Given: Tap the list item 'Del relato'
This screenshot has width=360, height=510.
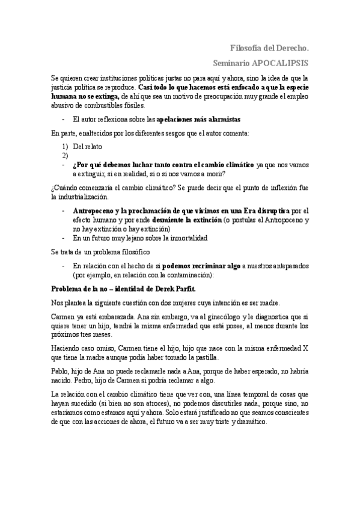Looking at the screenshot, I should tap(88, 146).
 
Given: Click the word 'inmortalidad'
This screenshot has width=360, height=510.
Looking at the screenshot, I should tap(186, 238).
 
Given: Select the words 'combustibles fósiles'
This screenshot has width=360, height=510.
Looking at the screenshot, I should tap(112, 105).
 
